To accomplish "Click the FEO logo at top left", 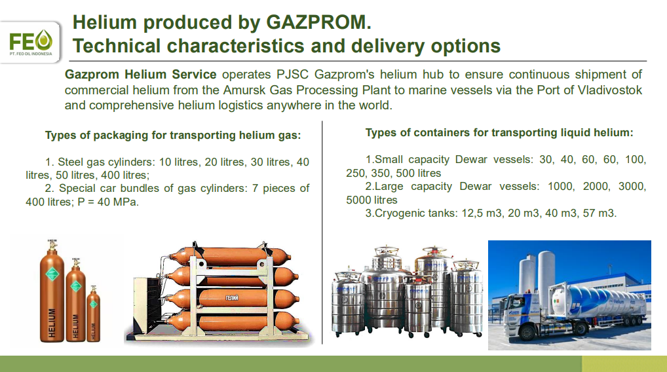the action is pos(31,42).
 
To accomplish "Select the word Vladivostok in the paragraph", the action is pos(609,90).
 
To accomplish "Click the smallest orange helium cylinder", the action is pos(93,314).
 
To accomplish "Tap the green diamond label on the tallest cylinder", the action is pos(52,274).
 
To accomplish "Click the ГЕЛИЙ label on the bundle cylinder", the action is pos(232,298).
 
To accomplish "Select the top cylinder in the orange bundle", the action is pos(230,256).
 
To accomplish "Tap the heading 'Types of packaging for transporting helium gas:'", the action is pos(173,135).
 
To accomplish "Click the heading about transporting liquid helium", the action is pos(499,133).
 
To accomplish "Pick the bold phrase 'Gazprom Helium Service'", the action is pos(140,75).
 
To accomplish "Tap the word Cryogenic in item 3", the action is pos(402,213).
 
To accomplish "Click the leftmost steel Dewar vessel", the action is pos(348,302).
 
